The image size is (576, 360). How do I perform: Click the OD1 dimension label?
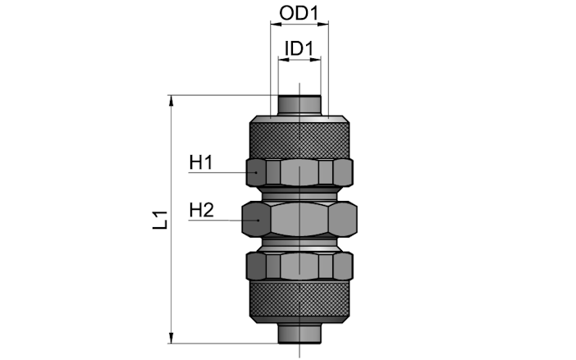click(x=299, y=13)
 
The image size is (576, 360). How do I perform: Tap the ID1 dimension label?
click(x=299, y=48)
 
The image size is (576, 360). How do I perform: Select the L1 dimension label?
click(x=160, y=220)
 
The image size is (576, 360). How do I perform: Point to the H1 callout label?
click(x=201, y=162)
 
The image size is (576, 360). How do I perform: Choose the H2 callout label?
click(x=201, y=210)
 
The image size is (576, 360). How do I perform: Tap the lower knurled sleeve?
click(x=299, y=302)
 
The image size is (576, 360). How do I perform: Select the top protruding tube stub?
click(x=299, y=105)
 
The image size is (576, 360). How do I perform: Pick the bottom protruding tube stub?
click(x=299, y=333)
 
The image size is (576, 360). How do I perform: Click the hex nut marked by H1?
click(x=299, y=172)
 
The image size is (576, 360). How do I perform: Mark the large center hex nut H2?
click(x=299, y=219)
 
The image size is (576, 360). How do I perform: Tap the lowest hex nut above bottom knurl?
click(x=299, y=266)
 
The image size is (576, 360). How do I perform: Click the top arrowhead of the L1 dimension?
click(x=171, y=100)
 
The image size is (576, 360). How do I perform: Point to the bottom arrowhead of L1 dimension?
click(x=171, y=339)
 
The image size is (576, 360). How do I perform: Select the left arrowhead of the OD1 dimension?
click(x=276, y=25)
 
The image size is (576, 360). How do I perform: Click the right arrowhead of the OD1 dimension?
click(x=323, y=25)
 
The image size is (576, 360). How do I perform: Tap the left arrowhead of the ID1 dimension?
click(x=283, y=60)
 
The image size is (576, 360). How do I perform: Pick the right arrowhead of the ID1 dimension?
click(x=316, y=60)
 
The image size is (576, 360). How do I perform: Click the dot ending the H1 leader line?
click(x=256, y=172)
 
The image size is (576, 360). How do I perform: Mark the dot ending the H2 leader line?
click(x=258, y=221)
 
